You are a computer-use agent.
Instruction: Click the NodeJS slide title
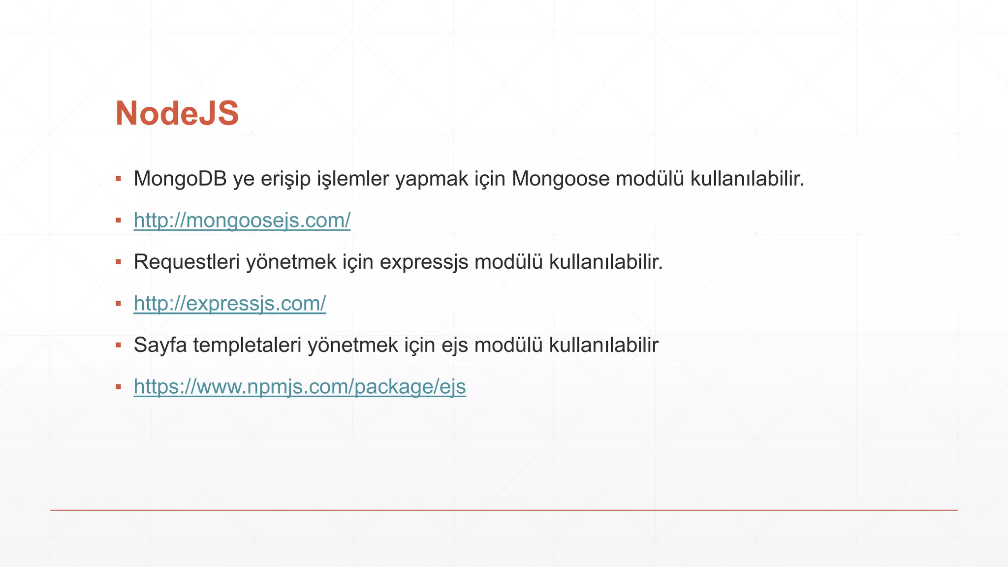click(x=177, y=114)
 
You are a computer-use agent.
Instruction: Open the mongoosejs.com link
click(x=242, y=220)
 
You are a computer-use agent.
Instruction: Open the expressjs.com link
click(x=229, y=303)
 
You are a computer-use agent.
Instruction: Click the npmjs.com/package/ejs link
click(x=299, y=386)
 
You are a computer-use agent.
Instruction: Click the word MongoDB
click(x=180, y=179)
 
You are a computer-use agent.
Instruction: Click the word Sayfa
click(x=160, y=345)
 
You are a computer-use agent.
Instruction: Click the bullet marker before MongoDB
click(x=118, y=179)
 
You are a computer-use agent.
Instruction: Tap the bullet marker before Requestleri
click(x=118, y=262)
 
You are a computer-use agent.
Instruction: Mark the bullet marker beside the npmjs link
click(x=118, y=387)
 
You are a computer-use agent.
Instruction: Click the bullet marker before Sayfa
click(x=118, y=345)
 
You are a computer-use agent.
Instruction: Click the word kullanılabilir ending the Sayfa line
click(x=603, y=345)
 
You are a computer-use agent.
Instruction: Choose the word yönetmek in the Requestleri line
click(x=291, y=262)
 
